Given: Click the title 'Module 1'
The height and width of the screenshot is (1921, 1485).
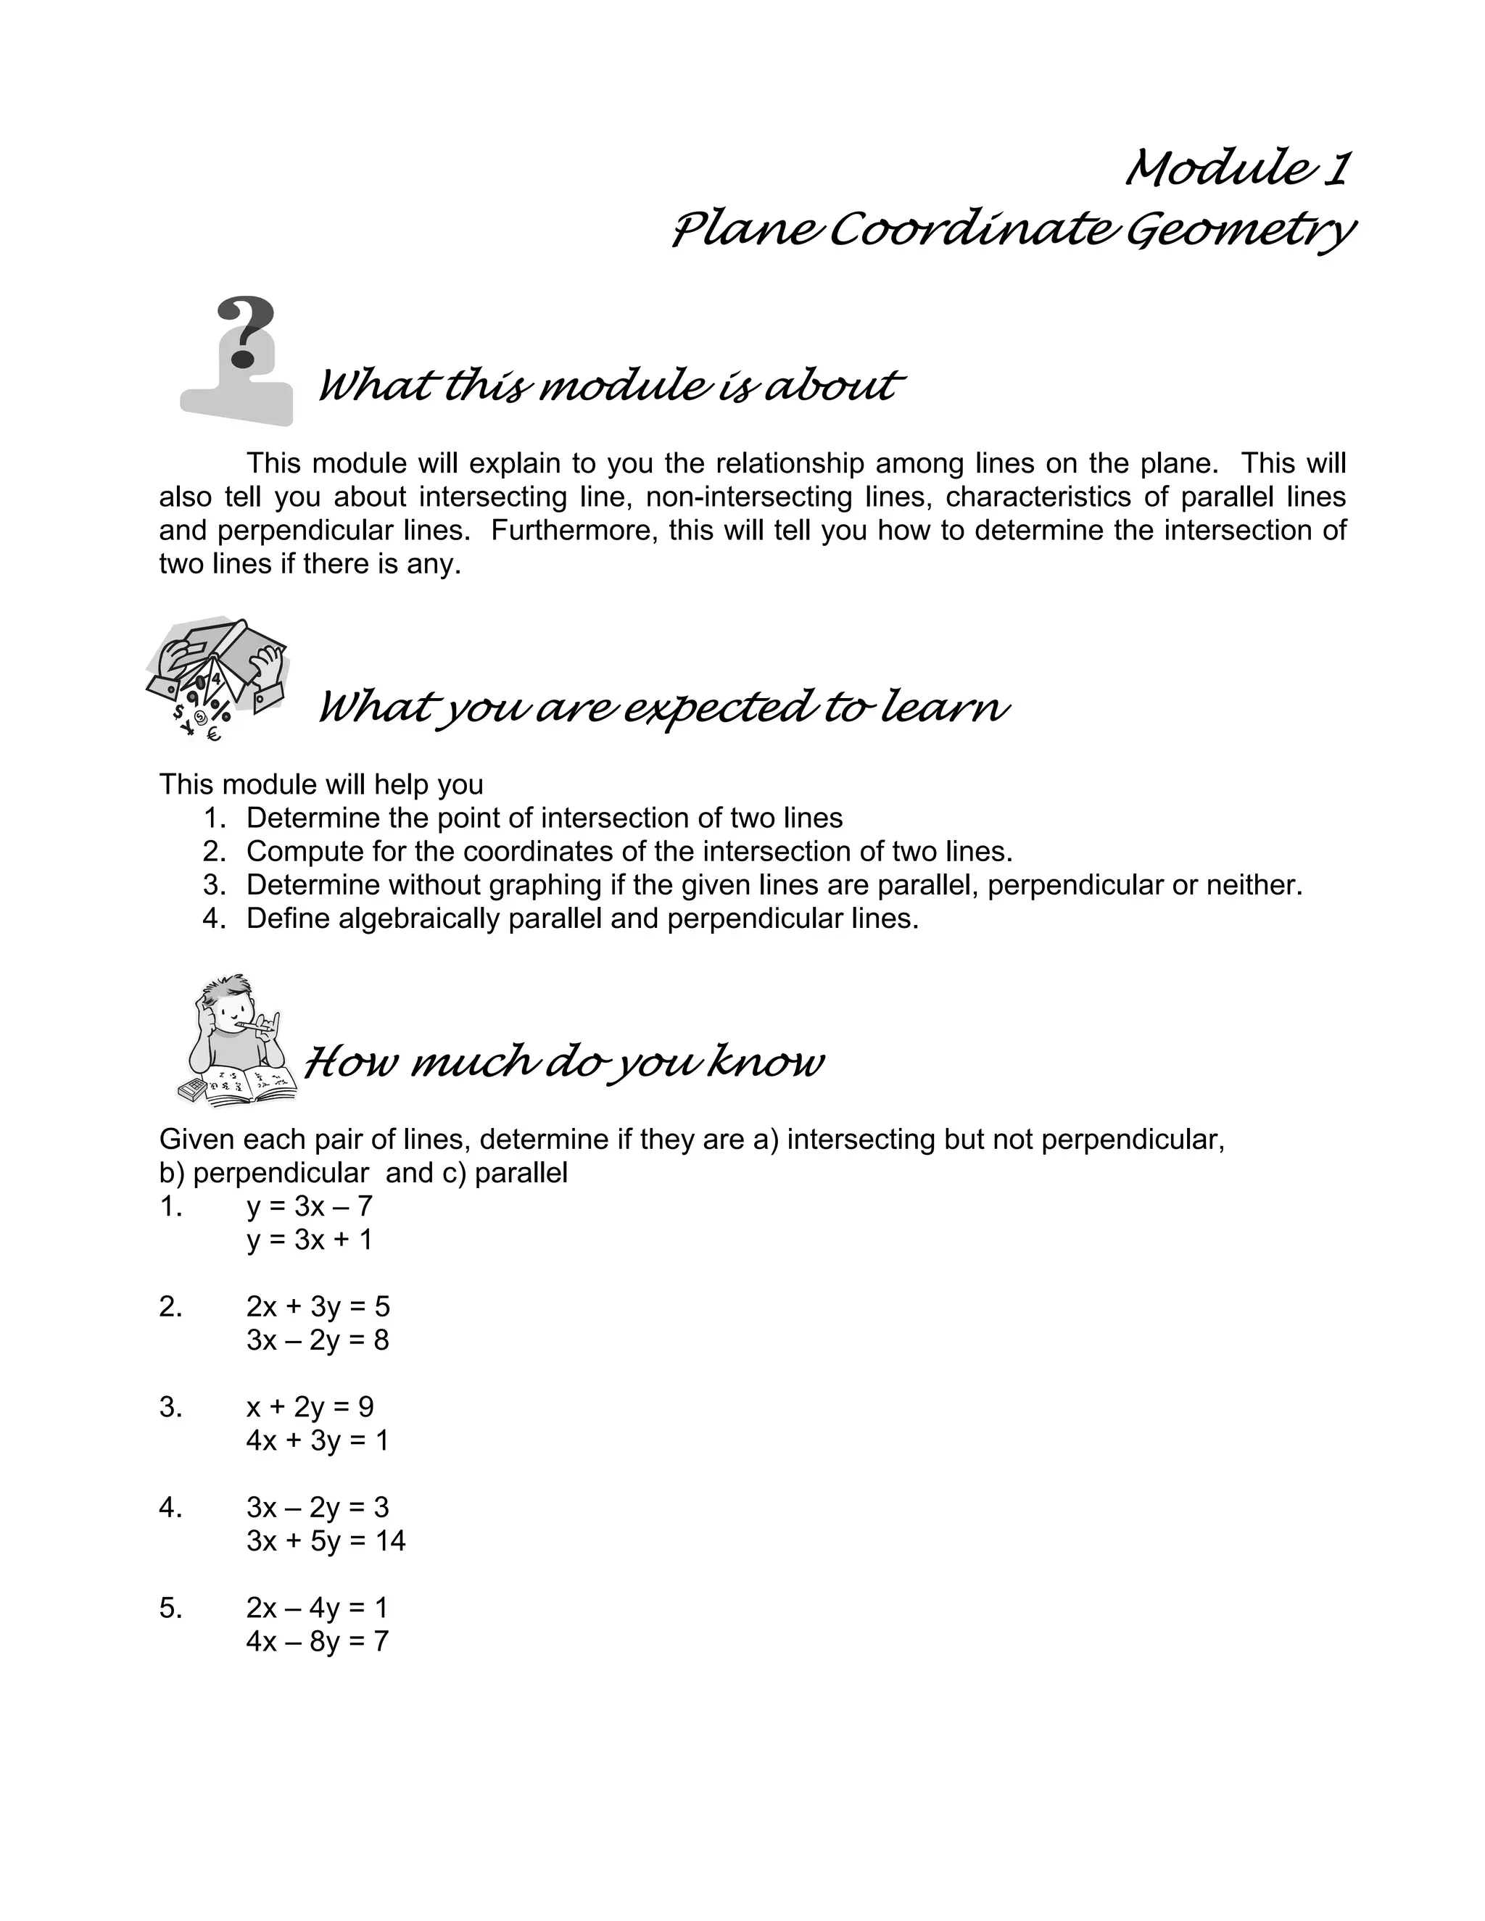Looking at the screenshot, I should (1237, 168).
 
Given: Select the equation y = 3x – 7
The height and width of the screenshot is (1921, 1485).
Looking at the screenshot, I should (310, 1206).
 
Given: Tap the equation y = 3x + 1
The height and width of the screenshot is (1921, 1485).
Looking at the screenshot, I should (310, 1240).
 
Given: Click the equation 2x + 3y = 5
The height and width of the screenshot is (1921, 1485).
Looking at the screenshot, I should (318, 1306).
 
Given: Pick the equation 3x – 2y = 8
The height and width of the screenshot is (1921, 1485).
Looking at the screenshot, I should (318, 1340).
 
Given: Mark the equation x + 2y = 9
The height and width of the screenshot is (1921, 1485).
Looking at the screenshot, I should (310, 1406).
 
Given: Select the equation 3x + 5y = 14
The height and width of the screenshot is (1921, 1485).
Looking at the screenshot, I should (326, 1540).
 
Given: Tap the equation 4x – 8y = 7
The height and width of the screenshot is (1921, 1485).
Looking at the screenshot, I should (318, 1640).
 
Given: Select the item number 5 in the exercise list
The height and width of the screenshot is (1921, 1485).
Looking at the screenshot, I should (170, 1608).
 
